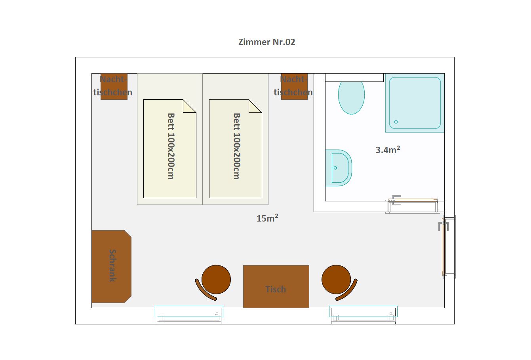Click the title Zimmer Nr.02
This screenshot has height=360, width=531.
click(266, 42)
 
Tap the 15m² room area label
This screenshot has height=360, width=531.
click(267, 218)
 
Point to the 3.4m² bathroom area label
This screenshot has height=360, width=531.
click(388, 150)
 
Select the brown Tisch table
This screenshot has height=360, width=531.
click(276, 286)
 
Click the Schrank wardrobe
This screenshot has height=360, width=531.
click(111, 267)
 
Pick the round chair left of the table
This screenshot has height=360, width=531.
click(213, 282)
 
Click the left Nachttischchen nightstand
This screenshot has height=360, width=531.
click(114, 87)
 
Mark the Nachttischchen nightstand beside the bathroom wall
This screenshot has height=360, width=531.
click(294, 87)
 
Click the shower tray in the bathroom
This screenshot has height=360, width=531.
click(415, 103)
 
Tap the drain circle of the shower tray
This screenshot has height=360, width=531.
click(396, 122)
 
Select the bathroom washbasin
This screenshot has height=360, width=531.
click(339, 168)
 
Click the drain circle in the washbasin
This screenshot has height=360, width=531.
click(335, 168)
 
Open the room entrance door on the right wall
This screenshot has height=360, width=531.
click(447, 246)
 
